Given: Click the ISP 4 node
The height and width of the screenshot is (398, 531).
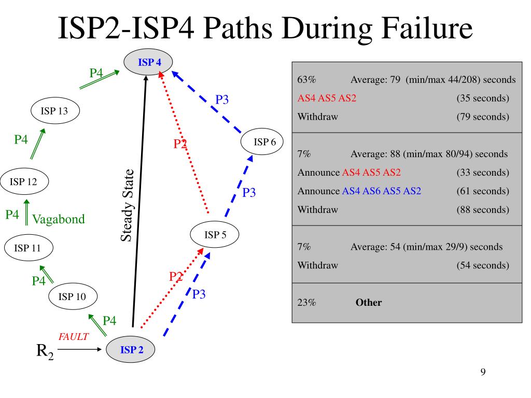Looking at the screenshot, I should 149,62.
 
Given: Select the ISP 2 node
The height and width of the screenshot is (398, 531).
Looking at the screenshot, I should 131,350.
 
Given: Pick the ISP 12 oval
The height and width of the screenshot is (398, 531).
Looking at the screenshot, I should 23,181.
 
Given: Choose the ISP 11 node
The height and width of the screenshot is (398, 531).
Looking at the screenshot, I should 27,248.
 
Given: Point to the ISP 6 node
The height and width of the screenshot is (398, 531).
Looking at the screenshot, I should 264,142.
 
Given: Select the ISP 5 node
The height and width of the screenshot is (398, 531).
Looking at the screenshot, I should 215,235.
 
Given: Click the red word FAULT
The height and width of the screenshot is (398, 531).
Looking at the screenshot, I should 73,337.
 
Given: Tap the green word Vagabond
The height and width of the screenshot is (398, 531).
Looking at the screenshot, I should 58,219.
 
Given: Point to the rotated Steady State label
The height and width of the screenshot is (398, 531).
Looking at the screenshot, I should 127,205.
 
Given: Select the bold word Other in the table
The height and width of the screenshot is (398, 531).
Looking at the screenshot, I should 368,303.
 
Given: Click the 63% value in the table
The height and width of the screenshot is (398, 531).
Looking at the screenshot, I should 306,80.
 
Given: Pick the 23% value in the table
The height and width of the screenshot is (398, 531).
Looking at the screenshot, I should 306,303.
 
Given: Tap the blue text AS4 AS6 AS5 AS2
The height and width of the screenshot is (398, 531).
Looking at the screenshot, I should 381,191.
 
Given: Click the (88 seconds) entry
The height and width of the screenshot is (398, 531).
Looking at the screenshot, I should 482,209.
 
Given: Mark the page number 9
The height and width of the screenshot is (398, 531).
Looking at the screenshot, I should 483,372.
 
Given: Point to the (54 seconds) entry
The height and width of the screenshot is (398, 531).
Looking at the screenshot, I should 482,265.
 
